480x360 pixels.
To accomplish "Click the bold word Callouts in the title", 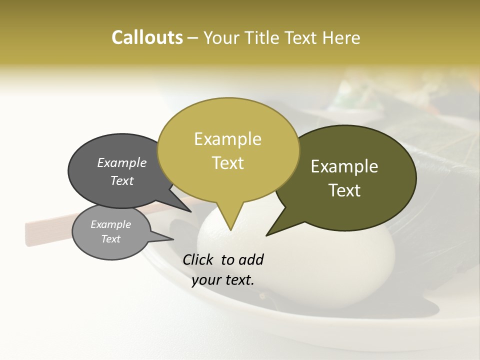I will (147, 37).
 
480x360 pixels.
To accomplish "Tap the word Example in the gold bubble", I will (227, 139).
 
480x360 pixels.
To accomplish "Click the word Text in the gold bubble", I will (227, 163).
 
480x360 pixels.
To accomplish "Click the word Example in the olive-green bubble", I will (344, 166).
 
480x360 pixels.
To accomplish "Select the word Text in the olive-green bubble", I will (344, 190).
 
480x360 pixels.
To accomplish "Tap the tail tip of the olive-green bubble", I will (267, 234).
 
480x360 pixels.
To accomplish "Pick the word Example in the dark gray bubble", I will (122, 162).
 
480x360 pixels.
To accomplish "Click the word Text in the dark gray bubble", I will (122, 180).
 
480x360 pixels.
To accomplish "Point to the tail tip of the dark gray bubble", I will (190, 211).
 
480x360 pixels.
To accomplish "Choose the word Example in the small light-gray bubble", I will (110, 224).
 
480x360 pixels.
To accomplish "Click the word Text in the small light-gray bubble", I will (110, 239).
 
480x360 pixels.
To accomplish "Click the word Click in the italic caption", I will (199, 259).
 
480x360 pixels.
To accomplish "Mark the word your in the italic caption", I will (205, 280).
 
